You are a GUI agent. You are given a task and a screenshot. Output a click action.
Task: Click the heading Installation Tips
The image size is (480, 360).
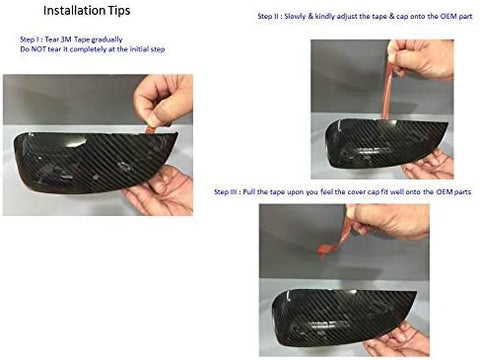click(87, 11)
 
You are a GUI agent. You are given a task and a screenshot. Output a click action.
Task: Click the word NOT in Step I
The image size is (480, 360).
click(39, 50)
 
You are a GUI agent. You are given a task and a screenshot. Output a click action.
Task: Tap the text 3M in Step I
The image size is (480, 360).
click(67, 40)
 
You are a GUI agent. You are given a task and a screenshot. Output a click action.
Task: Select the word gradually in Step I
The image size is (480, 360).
click(107, 40)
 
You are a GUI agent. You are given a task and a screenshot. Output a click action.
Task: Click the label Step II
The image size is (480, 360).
click(269, 16)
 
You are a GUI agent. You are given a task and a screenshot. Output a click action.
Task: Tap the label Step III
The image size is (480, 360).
click(226, 192)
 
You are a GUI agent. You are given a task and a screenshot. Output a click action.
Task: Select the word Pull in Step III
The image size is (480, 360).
click(249, 192)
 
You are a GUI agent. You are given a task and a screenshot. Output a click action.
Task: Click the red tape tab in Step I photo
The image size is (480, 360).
click(152, 129)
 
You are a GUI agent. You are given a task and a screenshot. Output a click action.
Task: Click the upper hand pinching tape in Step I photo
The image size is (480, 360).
click(164, 99)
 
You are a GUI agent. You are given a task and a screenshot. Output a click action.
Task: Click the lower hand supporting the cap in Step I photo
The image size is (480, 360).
click(160, 192)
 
